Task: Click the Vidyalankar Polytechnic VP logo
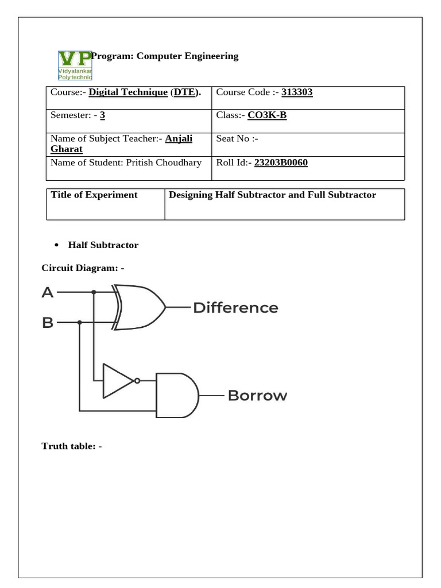click(75, 65)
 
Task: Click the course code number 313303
click(297, 92)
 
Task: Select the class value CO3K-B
click(266, 116)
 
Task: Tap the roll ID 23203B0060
click(281, 163)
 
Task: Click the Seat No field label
click(237, 139)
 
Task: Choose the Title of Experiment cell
click(94, 195)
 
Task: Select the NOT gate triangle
click(117, 380)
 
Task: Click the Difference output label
click(235, 308)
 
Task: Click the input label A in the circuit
click(48, 292)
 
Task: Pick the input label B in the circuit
click(48, 323)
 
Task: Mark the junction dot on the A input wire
click(94, 292)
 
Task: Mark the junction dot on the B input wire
click(79, 323)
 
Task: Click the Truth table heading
click(71, 446)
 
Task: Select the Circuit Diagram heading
click(83, 268)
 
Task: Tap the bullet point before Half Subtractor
click(57, 245)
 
